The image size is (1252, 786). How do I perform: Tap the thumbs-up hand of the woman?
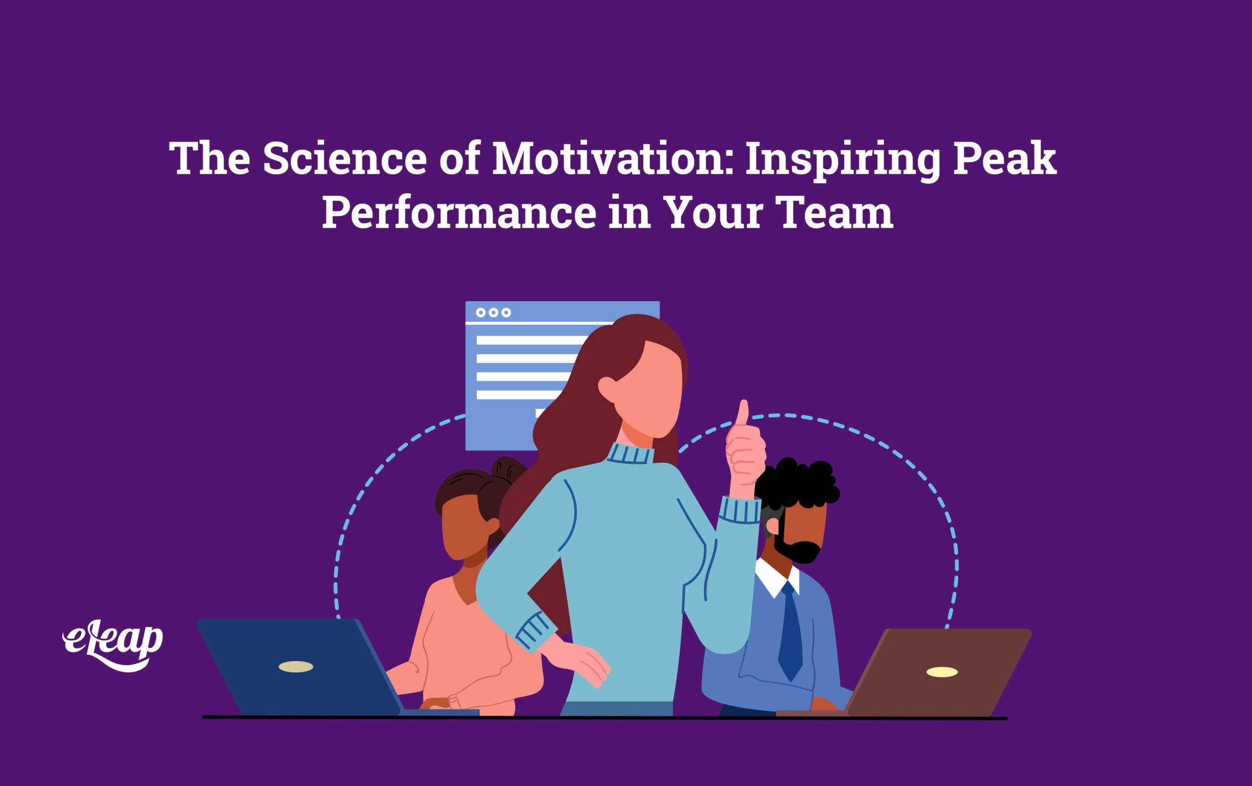(745, 452)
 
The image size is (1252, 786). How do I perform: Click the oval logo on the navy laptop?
(296, 666)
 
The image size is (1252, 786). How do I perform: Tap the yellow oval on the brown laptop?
(941, 672)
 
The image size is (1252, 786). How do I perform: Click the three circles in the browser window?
(493, 312)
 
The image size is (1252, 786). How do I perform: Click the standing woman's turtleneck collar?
(631, 453)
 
